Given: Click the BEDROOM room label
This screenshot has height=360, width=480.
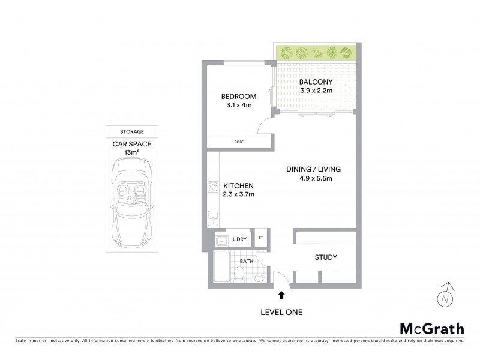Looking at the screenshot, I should (238, 97).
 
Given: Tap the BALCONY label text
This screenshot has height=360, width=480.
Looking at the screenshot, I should (316, 82).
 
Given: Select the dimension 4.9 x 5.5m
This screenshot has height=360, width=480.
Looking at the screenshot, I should (316, 178).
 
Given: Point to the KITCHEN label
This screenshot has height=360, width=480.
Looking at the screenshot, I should (239, 186).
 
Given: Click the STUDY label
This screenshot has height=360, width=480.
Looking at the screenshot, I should (326, 257).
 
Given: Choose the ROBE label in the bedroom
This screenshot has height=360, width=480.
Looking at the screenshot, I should (239, 142).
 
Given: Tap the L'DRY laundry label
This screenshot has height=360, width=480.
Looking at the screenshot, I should (239, 239).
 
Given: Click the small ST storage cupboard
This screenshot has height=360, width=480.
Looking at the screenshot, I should (261, 238).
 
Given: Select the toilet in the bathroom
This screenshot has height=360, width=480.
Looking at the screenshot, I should (238, 274).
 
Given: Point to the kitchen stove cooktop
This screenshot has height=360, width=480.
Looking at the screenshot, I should (212, 187).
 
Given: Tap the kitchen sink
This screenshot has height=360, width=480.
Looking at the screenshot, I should (212, 217).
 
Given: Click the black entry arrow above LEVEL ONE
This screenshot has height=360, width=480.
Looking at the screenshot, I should (281, 295).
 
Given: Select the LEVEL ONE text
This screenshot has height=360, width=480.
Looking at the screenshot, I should (281, 311).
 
